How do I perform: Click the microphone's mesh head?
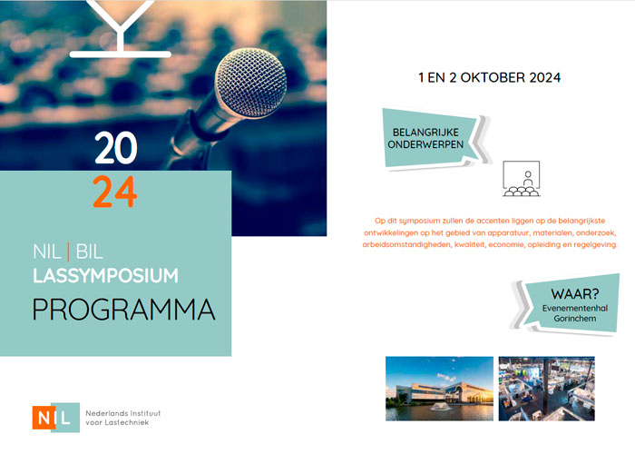coord(251,84)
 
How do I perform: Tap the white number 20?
coord(116,148)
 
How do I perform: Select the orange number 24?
coord(115,192)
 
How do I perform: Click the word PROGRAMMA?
coord(123,310)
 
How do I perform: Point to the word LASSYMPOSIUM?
coord(105,276)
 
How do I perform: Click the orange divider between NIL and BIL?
coord(68,252)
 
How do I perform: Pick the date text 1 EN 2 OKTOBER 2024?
coord(489,77)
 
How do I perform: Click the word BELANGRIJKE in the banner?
coord(425,133)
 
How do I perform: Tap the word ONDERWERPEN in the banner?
coord(425,144)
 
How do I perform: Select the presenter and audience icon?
coord(522,178)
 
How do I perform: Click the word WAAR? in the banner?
coord(574,293)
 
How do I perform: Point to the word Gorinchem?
coord(575,319)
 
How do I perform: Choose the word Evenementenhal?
coord(575,308)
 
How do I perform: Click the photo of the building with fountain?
coord(439,389)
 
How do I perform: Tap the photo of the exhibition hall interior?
coord(547,389)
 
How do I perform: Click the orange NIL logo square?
coord(43,418)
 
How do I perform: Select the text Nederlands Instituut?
coord(123,413)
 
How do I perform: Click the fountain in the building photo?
coord(441,405)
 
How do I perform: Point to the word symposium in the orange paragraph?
coord(414,221)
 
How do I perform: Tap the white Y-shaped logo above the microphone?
coord(121,28)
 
